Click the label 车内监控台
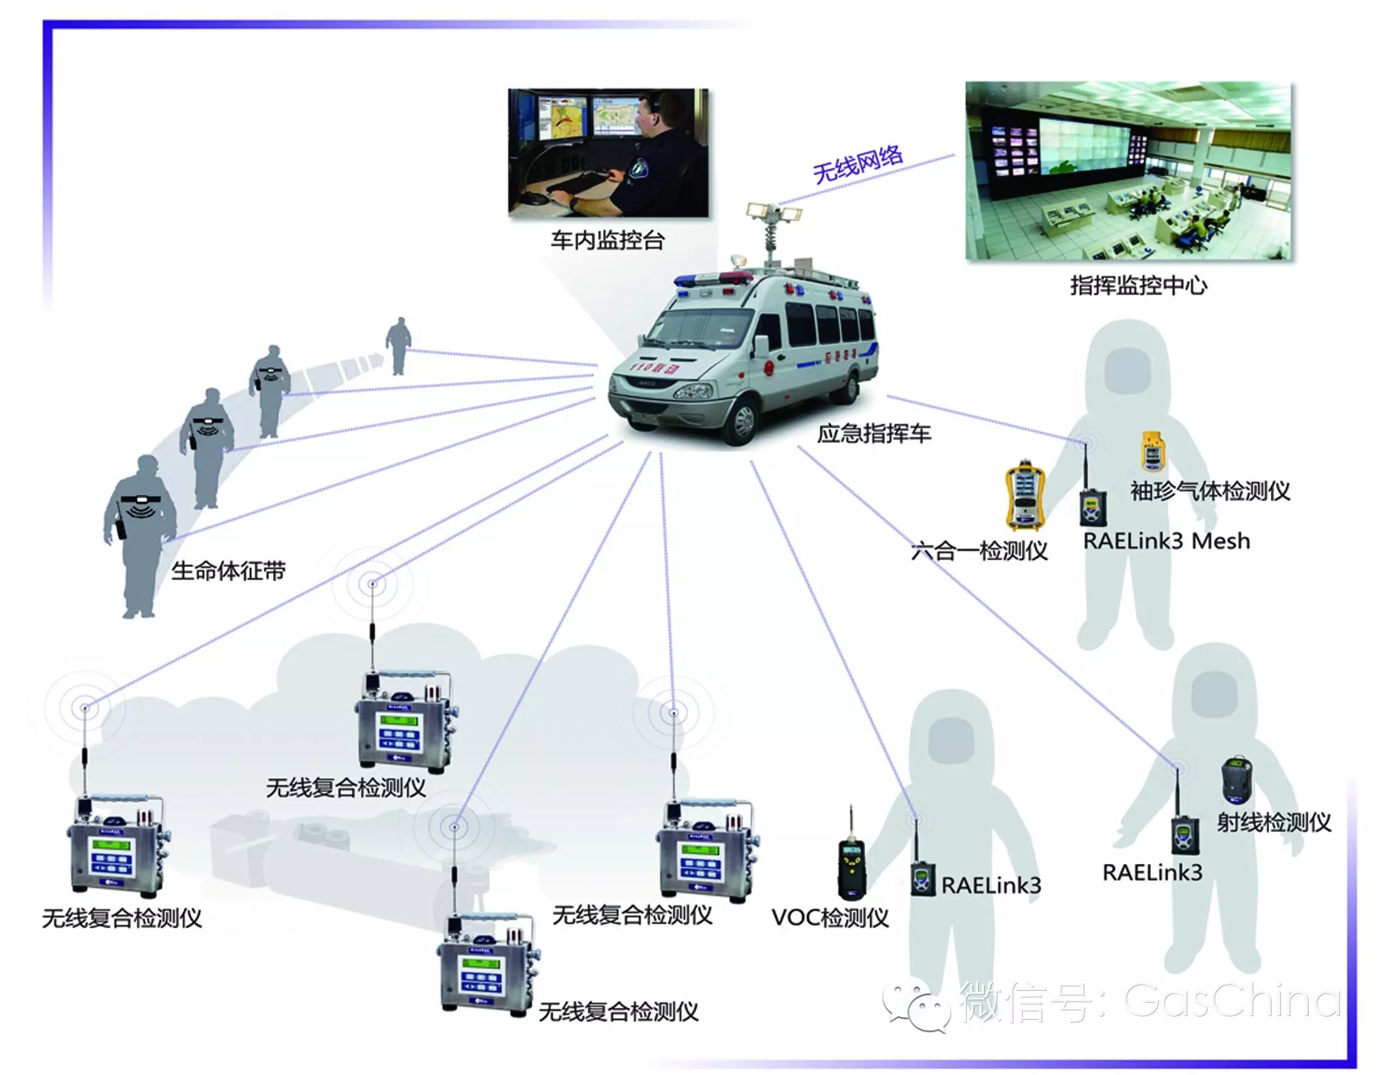(607, 240)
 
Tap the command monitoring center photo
(1128, 170)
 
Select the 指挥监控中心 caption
(1138, 286)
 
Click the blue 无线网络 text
(858, 163)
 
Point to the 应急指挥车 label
(874, 433)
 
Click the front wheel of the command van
(741, 420)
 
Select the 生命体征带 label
(228, 571)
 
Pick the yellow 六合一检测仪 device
(1025, 496)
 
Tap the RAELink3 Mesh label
(1167, 541)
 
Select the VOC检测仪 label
(830, 917)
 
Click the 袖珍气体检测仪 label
(1210, 491)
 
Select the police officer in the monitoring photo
(662, 153)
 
